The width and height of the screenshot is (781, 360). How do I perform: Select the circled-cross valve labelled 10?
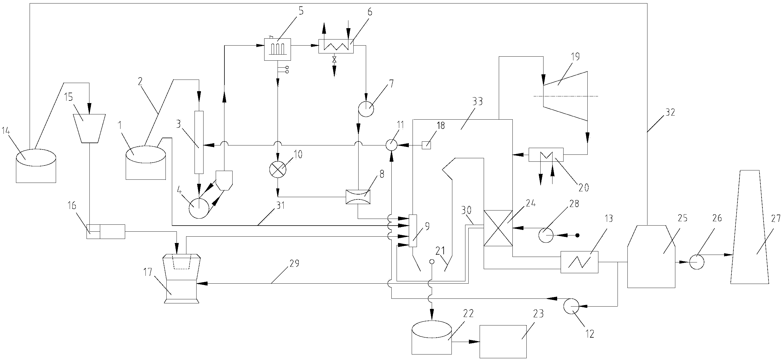click(x=278, y=169)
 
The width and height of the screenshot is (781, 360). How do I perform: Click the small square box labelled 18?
click(x=426, y=145)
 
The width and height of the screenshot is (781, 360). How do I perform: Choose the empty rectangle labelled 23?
click(x=503, y=341)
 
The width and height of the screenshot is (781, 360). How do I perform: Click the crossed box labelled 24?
click(x=498, y=228)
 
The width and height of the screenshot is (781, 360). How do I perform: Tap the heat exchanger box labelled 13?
click(x=580, y=262)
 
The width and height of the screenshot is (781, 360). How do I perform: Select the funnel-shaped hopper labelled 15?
click(x=89, y=128)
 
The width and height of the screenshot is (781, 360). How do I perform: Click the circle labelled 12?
click(x=571, y=307)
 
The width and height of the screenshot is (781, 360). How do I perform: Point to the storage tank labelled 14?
click(x=36, y=165)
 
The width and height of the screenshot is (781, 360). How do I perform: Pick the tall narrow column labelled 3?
click(x=199, y=143)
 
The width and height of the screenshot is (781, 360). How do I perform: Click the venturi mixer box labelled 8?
click(x=358, y=197)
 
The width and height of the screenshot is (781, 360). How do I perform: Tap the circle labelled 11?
click(x=391, y=145)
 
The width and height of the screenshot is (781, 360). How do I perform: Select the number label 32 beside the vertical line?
click(x=670, y=113)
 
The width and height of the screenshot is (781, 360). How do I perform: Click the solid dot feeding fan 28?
click(x=577, y=235)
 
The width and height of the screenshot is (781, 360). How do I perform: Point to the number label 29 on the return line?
click(x=294, y=263)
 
